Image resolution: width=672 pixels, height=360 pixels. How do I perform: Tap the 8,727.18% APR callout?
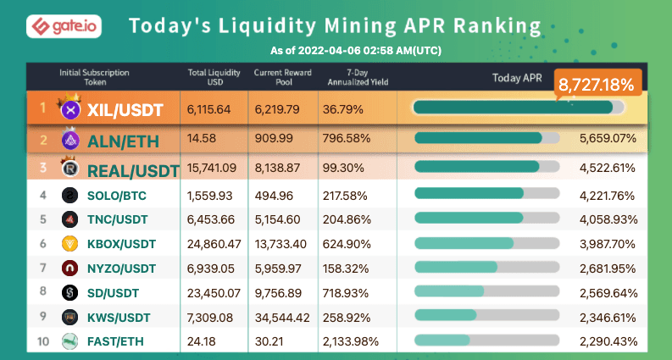(597, 85)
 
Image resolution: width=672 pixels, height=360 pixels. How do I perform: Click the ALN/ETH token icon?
(71, 139)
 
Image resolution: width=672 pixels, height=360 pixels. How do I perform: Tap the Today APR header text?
(517, 78)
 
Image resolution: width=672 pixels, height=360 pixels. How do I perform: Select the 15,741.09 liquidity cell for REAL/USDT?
(212, 169)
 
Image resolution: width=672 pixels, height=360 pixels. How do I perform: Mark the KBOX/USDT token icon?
(71, 244)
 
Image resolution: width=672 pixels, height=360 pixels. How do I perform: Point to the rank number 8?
(43, 293)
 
